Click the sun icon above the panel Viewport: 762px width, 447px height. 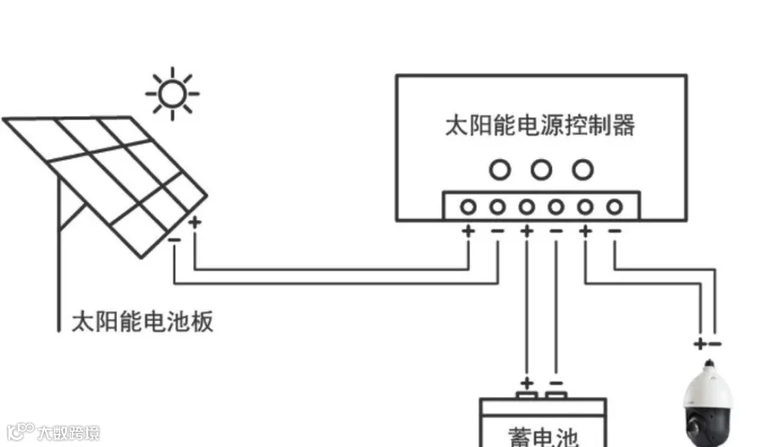173,91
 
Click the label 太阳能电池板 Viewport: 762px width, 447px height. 141,322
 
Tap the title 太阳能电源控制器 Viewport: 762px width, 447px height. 539,126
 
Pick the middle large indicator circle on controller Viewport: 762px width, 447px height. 541,170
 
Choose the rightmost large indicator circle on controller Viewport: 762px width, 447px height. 582,170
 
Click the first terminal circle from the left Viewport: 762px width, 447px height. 467,207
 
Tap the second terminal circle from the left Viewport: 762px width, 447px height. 497,207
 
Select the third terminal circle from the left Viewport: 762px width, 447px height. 527,207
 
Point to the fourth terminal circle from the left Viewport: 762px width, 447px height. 556,207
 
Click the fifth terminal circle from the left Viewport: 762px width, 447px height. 585,207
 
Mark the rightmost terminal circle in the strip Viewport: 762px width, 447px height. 615,207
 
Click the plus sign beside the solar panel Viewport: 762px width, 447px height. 196,223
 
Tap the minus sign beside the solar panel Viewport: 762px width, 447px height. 174,239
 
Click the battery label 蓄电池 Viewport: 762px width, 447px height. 542,435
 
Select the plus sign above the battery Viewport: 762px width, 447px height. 527,382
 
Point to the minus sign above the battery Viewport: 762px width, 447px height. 555,382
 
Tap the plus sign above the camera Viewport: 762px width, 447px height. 700,344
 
